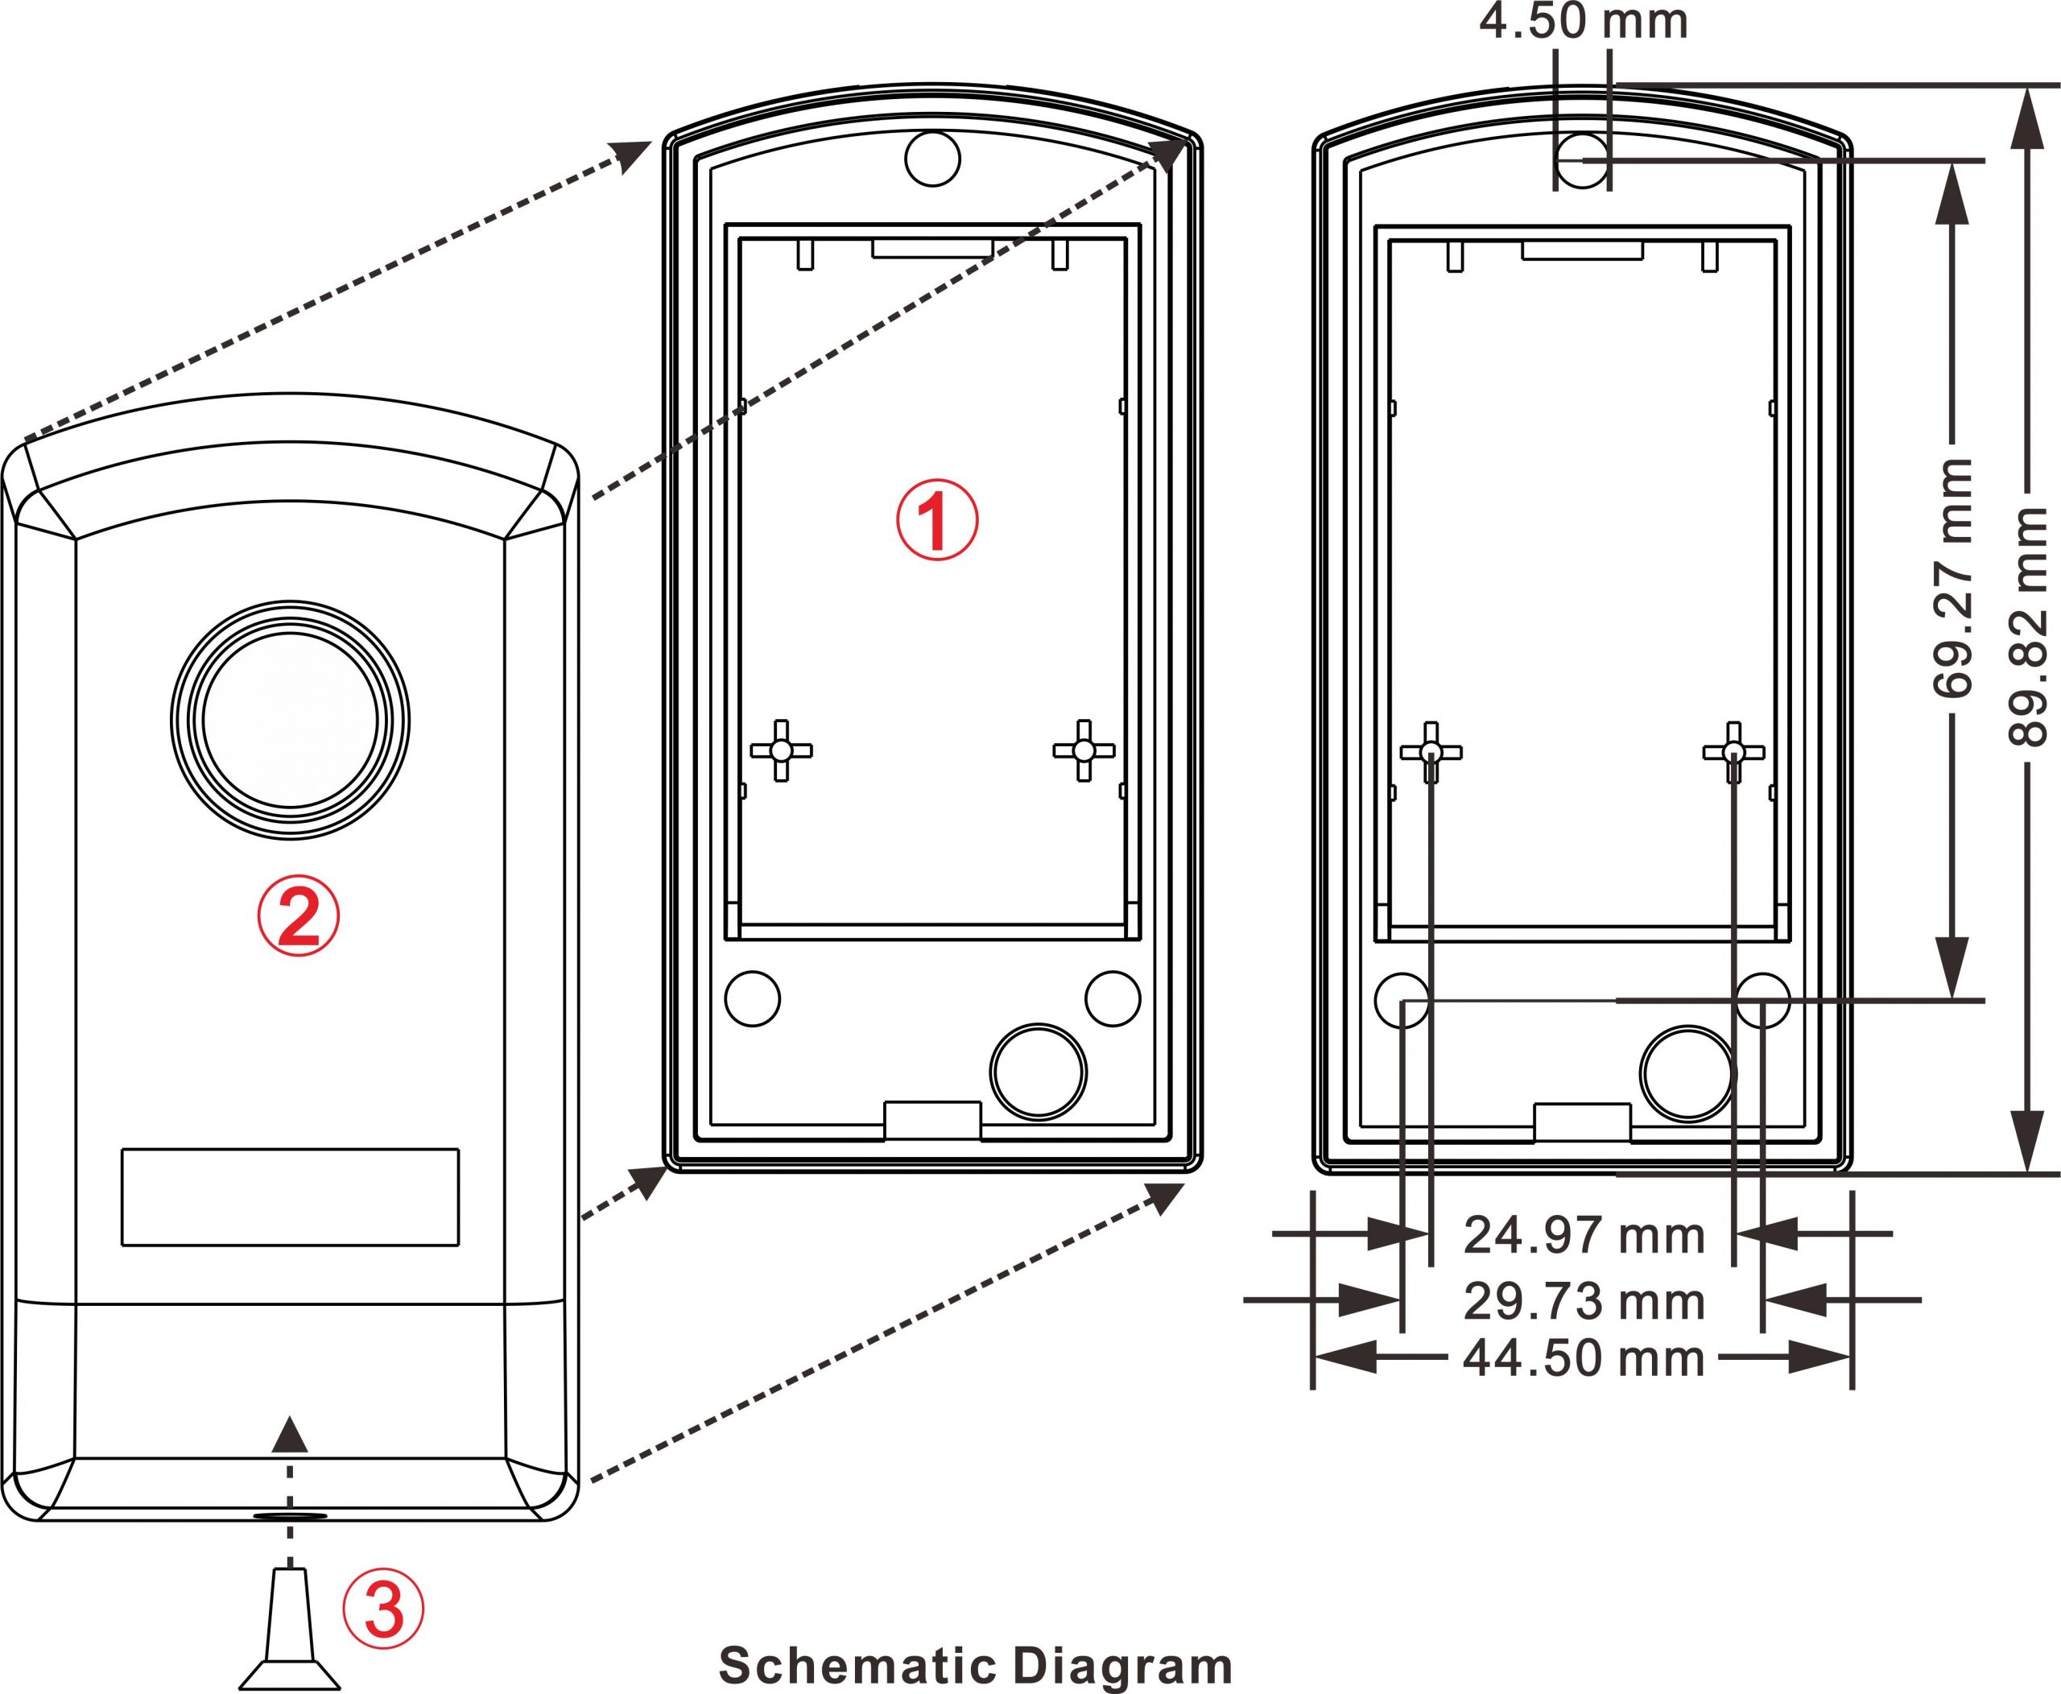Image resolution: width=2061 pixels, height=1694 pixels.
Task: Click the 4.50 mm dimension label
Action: tap(1583, 22)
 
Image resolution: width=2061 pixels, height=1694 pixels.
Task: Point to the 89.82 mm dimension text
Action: tap(2028, 626)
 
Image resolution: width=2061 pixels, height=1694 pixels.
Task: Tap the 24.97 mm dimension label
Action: tap(1584, 1235)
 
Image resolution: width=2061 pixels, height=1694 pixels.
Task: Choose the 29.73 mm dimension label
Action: tap(1584, 1302)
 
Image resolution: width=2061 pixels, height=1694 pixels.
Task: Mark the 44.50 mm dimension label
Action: tap(1584, 1358)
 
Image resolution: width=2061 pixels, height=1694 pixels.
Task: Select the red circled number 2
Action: tap(299, 915)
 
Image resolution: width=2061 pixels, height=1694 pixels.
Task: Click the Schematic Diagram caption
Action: tap(976, 1665)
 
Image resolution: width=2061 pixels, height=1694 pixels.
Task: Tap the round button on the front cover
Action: tap(291, 720)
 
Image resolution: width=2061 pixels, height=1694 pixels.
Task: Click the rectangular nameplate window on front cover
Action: tap(290, 1197)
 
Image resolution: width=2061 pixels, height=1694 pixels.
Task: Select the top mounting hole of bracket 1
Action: tap(933, 157)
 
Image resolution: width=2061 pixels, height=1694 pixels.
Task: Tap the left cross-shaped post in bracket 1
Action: tap(781, 750)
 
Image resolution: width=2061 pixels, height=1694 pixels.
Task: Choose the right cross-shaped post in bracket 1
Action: tap(1083, 750)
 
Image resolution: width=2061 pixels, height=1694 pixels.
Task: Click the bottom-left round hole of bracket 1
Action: tap(753, 998)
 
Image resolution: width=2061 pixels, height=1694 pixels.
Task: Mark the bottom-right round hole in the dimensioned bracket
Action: tap(1762, 1000)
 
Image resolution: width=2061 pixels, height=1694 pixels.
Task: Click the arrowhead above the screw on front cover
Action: tap(290, 1435)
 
